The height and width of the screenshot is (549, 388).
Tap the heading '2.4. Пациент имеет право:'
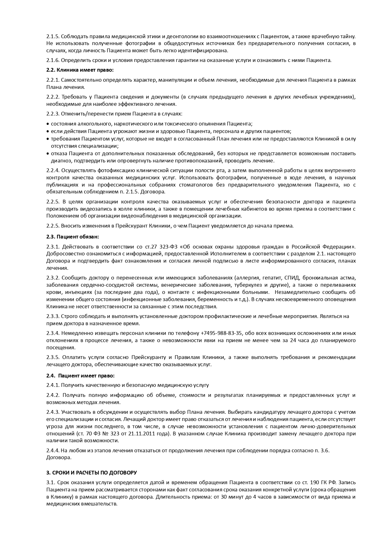(80, 375)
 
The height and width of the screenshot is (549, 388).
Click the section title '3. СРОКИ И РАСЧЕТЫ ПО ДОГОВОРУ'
(91, 472)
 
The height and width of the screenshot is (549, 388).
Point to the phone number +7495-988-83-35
(221, 333)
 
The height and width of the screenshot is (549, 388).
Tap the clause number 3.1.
(51, 482)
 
